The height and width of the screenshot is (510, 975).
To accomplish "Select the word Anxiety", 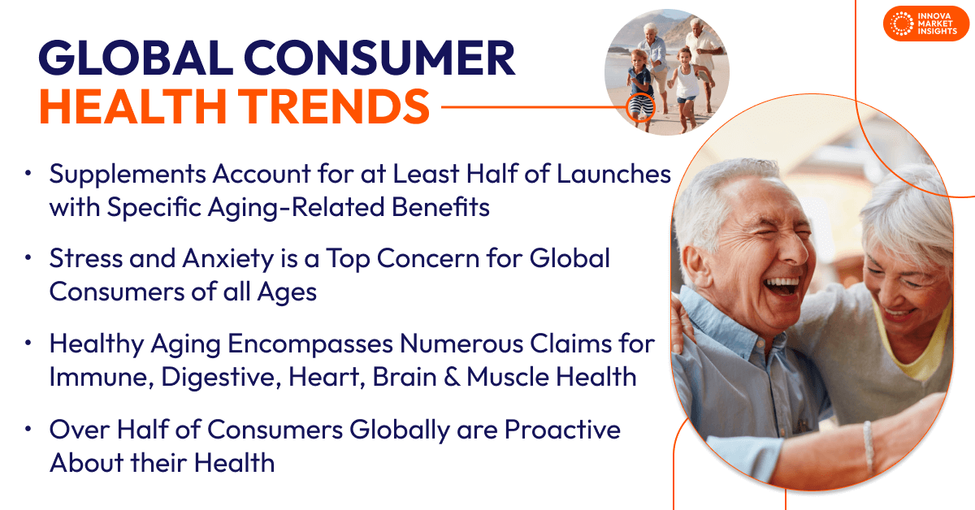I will [x=225, y=259].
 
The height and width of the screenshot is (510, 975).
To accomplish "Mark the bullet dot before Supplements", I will [x=28, y=174].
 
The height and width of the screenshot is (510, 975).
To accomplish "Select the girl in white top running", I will [x=687, y=81].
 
